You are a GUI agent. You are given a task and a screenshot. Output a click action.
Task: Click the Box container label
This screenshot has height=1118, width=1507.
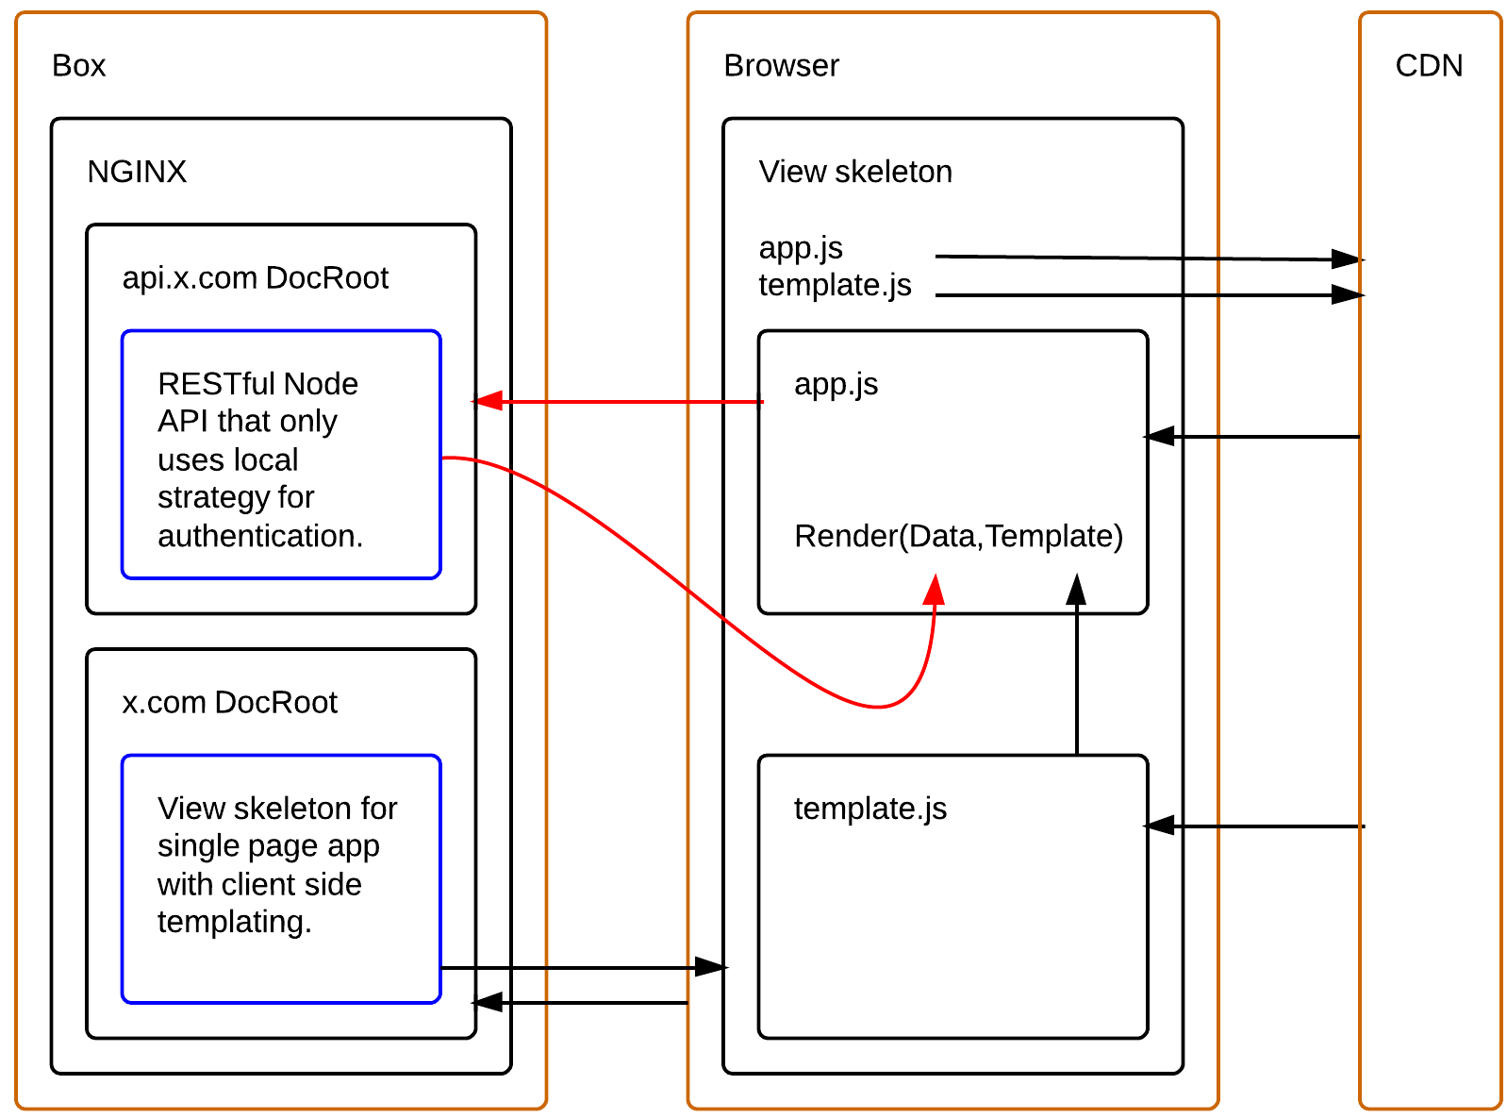pos(78,65)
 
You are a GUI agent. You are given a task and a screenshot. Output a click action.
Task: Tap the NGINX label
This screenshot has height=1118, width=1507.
pos(137,172)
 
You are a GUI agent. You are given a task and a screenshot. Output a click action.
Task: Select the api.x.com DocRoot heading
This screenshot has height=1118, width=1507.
pos(255,278)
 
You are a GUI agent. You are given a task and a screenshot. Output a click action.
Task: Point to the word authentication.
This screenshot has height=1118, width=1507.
pos(260,536)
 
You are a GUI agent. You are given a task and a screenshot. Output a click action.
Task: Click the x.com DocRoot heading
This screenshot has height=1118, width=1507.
pos(229,703)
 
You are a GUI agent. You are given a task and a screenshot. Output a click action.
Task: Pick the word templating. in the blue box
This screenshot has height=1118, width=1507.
pos(234,922)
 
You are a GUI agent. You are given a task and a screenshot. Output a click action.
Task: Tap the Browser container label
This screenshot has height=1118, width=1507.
pos(781,65)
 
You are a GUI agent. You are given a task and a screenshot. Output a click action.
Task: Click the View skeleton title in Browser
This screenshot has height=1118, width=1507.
pos(855,172)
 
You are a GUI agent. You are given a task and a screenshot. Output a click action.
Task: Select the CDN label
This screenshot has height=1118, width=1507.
pos(1429,65)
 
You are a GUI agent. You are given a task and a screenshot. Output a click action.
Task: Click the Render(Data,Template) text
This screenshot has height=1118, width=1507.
pos(958,536)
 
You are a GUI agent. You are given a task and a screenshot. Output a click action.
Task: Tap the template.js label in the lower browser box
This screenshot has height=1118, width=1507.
pos(869,809)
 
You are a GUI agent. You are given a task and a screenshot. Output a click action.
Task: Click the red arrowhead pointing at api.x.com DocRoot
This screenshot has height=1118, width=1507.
pos(487,402)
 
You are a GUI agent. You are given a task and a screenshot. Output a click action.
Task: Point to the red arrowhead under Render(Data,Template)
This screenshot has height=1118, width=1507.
pos(934,590)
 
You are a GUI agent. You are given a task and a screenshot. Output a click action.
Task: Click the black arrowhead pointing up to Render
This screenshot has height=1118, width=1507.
pos(1076,590)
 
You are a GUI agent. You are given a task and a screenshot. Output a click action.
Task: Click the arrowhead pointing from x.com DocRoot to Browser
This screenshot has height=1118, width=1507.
pos(711,967)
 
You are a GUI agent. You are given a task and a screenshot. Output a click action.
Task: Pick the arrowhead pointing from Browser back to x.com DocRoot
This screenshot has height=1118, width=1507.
pos(488,1002)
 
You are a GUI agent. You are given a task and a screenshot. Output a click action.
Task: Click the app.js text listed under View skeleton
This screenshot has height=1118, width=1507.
pos(801,247)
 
